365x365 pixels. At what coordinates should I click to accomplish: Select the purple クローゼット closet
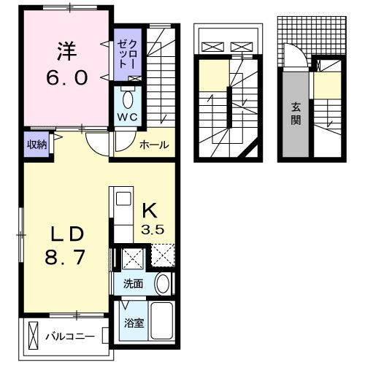coord(120,55)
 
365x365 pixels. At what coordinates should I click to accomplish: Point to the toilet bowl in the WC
coord(129,98)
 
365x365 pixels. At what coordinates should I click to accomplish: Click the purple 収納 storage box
coord(37,145)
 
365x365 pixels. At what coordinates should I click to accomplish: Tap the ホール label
coord(155,145)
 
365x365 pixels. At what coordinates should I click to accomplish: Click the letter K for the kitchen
coord(149,210)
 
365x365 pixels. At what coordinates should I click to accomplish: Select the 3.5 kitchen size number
coord(152,228)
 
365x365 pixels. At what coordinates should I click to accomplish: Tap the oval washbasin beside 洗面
coord(163,284)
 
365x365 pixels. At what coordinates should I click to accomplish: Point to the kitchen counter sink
coord(122,199)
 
